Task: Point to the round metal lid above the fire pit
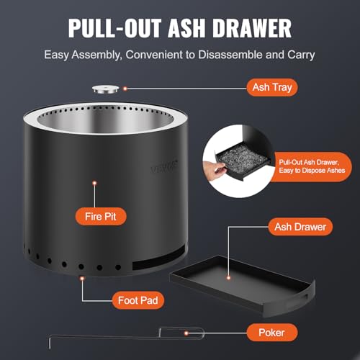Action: tap(108, 89)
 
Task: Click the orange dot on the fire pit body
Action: tap(94, 184)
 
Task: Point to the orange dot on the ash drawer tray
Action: tap(229, 276)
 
